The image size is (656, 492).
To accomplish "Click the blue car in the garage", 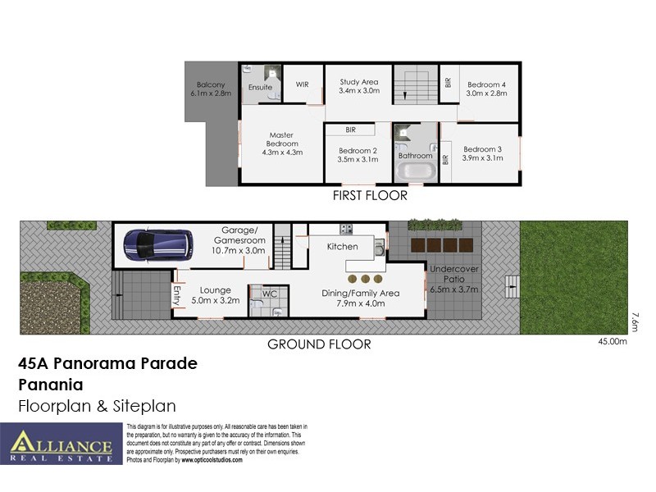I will pyautogui.click(x=158, y=244).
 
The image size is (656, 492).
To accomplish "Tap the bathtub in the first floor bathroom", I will pyautogui.click(x=416, y=171).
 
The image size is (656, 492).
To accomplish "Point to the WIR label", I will pyautogui.click(x=301, y=84).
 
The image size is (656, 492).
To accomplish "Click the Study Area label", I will pyautogui.click(x=358, y=86).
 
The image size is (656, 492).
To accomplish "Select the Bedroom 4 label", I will pyautogui.click(x=487, y=89).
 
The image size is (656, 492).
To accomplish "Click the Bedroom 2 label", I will pyautogui.click(x=357, y=155).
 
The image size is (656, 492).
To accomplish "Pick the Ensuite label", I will pyautogui.click(x=260, y=88).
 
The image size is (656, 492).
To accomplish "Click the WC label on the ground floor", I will pyautogui.click(x=270, y=294).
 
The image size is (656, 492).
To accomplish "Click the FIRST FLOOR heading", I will pyautogui.click(x=369, y=196).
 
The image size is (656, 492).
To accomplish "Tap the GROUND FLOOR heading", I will pyautogui.click(x=319, y=344).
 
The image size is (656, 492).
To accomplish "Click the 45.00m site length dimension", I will pyautogui.click(x=612, y=342).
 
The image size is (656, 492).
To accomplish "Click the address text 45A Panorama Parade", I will pyautogui.click(x=107, y=363).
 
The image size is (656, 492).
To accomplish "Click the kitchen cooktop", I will pyautogui.click(x=346, y=229).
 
